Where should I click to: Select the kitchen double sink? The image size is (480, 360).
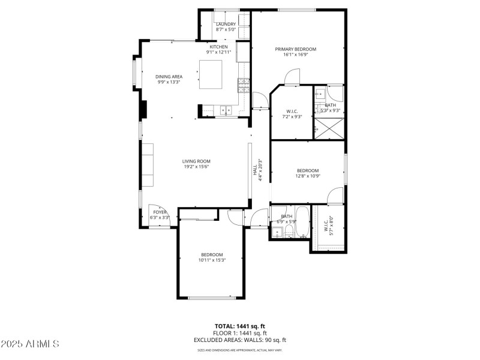point(226,110)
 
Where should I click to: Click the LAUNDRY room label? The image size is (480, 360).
point(226,24)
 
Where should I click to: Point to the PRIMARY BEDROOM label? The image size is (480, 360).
point(295,49)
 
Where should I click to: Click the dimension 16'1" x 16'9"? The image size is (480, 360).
point(295,55)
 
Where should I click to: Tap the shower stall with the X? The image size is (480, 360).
point(329,129)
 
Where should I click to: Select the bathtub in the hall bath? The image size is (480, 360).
point(301,222)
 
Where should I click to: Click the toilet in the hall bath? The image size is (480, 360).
point(289,231)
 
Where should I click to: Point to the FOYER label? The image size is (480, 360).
point(160,212)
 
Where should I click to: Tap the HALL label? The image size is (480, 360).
point(254,170)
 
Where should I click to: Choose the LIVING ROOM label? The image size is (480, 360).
point(196,161)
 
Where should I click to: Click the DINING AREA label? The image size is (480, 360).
point(169,77)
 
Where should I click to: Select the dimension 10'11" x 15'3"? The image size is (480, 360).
point(212,260)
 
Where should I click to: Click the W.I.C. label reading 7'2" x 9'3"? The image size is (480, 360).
point(292,113)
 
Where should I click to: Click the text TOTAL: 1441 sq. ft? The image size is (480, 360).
point(239,326)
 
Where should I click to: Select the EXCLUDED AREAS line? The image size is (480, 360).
point(239,340)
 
